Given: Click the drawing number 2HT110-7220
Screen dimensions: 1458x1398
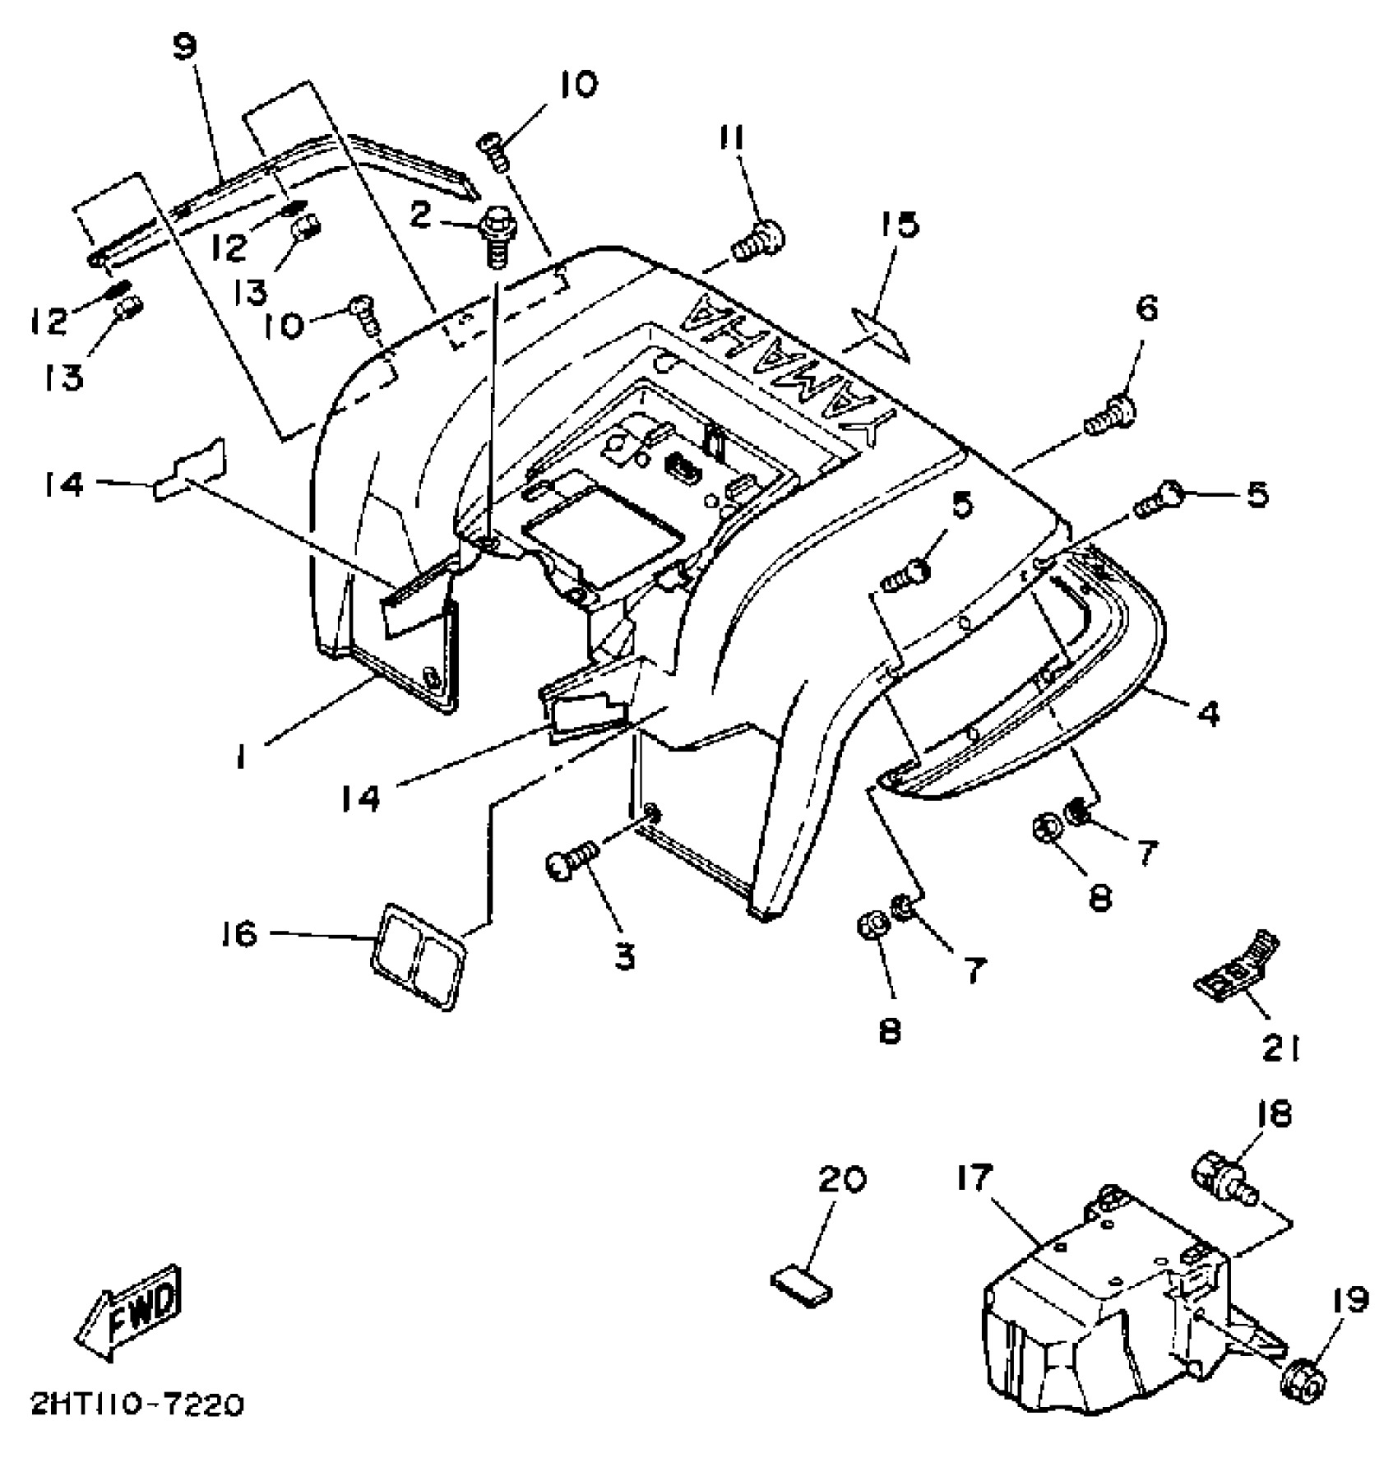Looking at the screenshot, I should (138, 1405).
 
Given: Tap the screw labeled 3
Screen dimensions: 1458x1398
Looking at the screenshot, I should (570, 864).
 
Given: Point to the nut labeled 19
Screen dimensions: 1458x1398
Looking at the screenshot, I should (1303, 1375).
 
